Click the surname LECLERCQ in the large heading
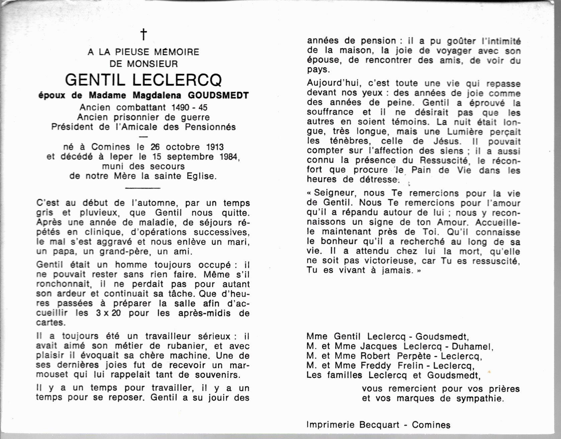(x=177, y=80)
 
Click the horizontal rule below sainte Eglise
(x=143, y=188)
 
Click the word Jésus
(x=446, y=141)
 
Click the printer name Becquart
(x=379, y=425)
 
